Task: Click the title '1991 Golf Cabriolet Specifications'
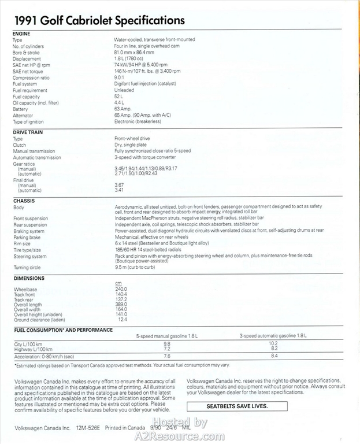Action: [99, 21]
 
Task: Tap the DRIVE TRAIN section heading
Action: [28, 132]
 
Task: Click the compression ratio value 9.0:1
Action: [120, 77]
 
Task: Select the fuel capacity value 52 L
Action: [120, 96]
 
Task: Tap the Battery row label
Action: [20, 109]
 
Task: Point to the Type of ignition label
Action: [28, 122]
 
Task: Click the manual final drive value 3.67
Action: [119, 184]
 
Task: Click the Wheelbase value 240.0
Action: [121, 288]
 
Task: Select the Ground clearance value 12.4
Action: [123, 320]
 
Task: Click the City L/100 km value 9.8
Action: [166, 344]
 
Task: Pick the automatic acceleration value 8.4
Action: [273, 356]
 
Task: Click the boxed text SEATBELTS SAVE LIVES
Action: [237, 406]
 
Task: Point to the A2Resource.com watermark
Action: [179, 431]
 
